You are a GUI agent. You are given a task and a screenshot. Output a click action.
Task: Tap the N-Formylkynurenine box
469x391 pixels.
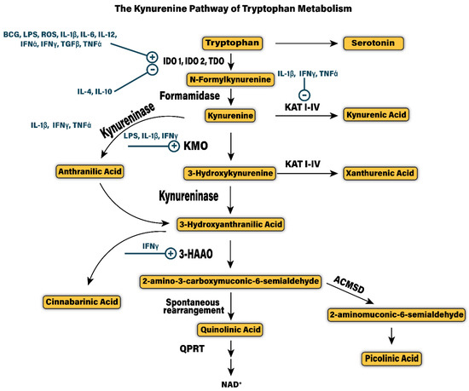point(230,78)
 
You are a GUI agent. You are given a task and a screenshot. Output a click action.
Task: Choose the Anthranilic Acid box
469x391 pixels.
point(89,172)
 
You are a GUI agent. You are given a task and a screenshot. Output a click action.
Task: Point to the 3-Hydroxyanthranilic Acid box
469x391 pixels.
point(229,225)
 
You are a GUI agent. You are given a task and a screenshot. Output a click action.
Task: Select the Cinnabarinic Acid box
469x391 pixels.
point(82,302)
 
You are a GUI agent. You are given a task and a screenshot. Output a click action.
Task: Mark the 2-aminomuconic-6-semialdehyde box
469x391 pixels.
point(396,314)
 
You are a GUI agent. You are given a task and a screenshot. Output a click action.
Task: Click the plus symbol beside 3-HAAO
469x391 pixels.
point(170,253)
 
